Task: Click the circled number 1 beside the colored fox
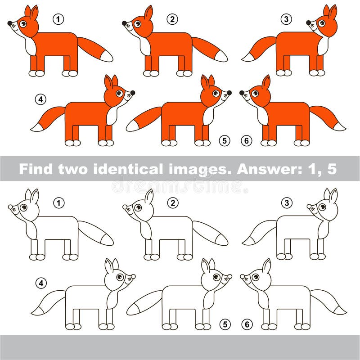pyautogui.click(x=58, y=19)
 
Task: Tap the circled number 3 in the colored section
pyautogui.click(x=287, y=19)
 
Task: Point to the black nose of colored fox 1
pyautogui.click(x=10, y=23)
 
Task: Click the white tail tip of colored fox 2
pyautogui.click(x=221, y=57)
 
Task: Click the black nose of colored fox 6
pyautogui.click(x=242, y=93)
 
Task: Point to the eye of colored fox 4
pyautogui.click(x=119, y=93)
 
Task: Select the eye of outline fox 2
pyautogui.click(x=138, y=207)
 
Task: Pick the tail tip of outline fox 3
pyautogui.click(x=247, y=241)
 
